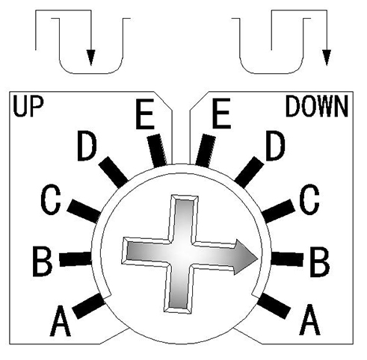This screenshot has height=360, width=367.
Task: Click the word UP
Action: (28, 107)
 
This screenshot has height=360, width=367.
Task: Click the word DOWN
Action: (317, 107)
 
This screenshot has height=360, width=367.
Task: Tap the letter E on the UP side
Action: (144, 114)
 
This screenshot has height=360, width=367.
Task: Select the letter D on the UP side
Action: (87, 146)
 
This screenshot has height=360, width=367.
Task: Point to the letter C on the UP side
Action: (50, 199)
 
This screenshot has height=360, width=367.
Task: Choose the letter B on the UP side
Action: (43, 261)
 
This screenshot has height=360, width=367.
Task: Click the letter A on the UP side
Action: (61, 321)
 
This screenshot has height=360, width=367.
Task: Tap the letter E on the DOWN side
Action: (221, 114)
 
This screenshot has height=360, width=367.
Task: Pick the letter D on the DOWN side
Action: (275, 146)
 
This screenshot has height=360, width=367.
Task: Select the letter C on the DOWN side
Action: (309, 200)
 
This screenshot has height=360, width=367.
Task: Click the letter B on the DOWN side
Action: (320, 262)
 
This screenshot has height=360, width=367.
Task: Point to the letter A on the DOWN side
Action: (310, 320)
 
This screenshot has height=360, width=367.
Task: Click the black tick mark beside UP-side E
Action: (157, 150)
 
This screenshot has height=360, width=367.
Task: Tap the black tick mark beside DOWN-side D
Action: (249, 172)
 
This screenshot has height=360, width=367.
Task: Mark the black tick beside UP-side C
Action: (84, 211)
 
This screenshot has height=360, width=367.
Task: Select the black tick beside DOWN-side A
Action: (274, 305)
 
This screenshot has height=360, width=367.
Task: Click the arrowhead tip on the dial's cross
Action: (258, 258)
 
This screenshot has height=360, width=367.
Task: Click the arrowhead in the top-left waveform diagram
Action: (91, 58)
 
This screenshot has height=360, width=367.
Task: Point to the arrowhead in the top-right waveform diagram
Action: (327, 58)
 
